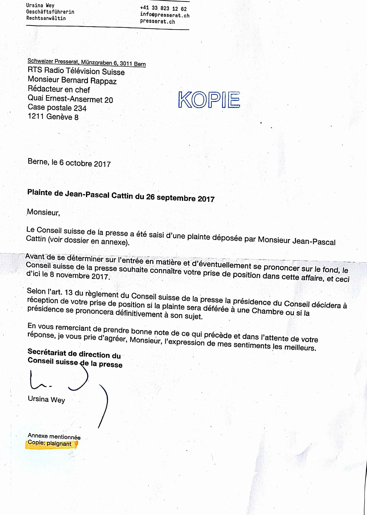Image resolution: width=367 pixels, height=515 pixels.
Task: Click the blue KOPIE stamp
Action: (x=209, y=99)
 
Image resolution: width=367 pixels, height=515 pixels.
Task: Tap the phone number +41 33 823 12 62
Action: (x=163, y=8)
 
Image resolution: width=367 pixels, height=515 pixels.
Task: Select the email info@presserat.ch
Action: (x=165, y=15)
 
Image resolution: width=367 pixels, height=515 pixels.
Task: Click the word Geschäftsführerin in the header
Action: (x=50, y=12)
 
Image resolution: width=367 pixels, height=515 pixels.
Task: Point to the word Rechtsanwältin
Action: (x=46, y=18)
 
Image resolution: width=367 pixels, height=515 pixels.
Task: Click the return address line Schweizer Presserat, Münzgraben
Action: (x=86, y=62)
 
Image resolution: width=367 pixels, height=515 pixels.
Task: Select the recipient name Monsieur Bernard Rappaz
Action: (x=72, y=80)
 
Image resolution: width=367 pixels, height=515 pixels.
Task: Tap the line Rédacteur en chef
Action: (x=59, y=89)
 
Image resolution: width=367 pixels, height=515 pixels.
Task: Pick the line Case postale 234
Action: (x=57, y=108)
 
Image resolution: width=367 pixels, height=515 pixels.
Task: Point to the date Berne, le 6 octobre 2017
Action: (x=69, y=163)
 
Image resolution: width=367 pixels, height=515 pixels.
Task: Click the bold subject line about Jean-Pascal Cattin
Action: (x=121, y=195)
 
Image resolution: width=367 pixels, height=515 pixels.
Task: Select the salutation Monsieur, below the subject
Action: (x=43, y=212)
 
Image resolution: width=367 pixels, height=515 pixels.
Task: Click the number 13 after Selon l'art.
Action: (x=69, y=292)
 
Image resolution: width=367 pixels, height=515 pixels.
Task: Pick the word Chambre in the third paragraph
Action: (x=268, y=311)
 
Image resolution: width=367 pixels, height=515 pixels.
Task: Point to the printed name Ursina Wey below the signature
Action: (x=46, y=399)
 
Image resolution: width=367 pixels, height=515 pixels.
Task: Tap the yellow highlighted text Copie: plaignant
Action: (x=50, y=443)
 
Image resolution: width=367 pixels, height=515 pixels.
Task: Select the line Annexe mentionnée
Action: (x=54, y=436)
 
